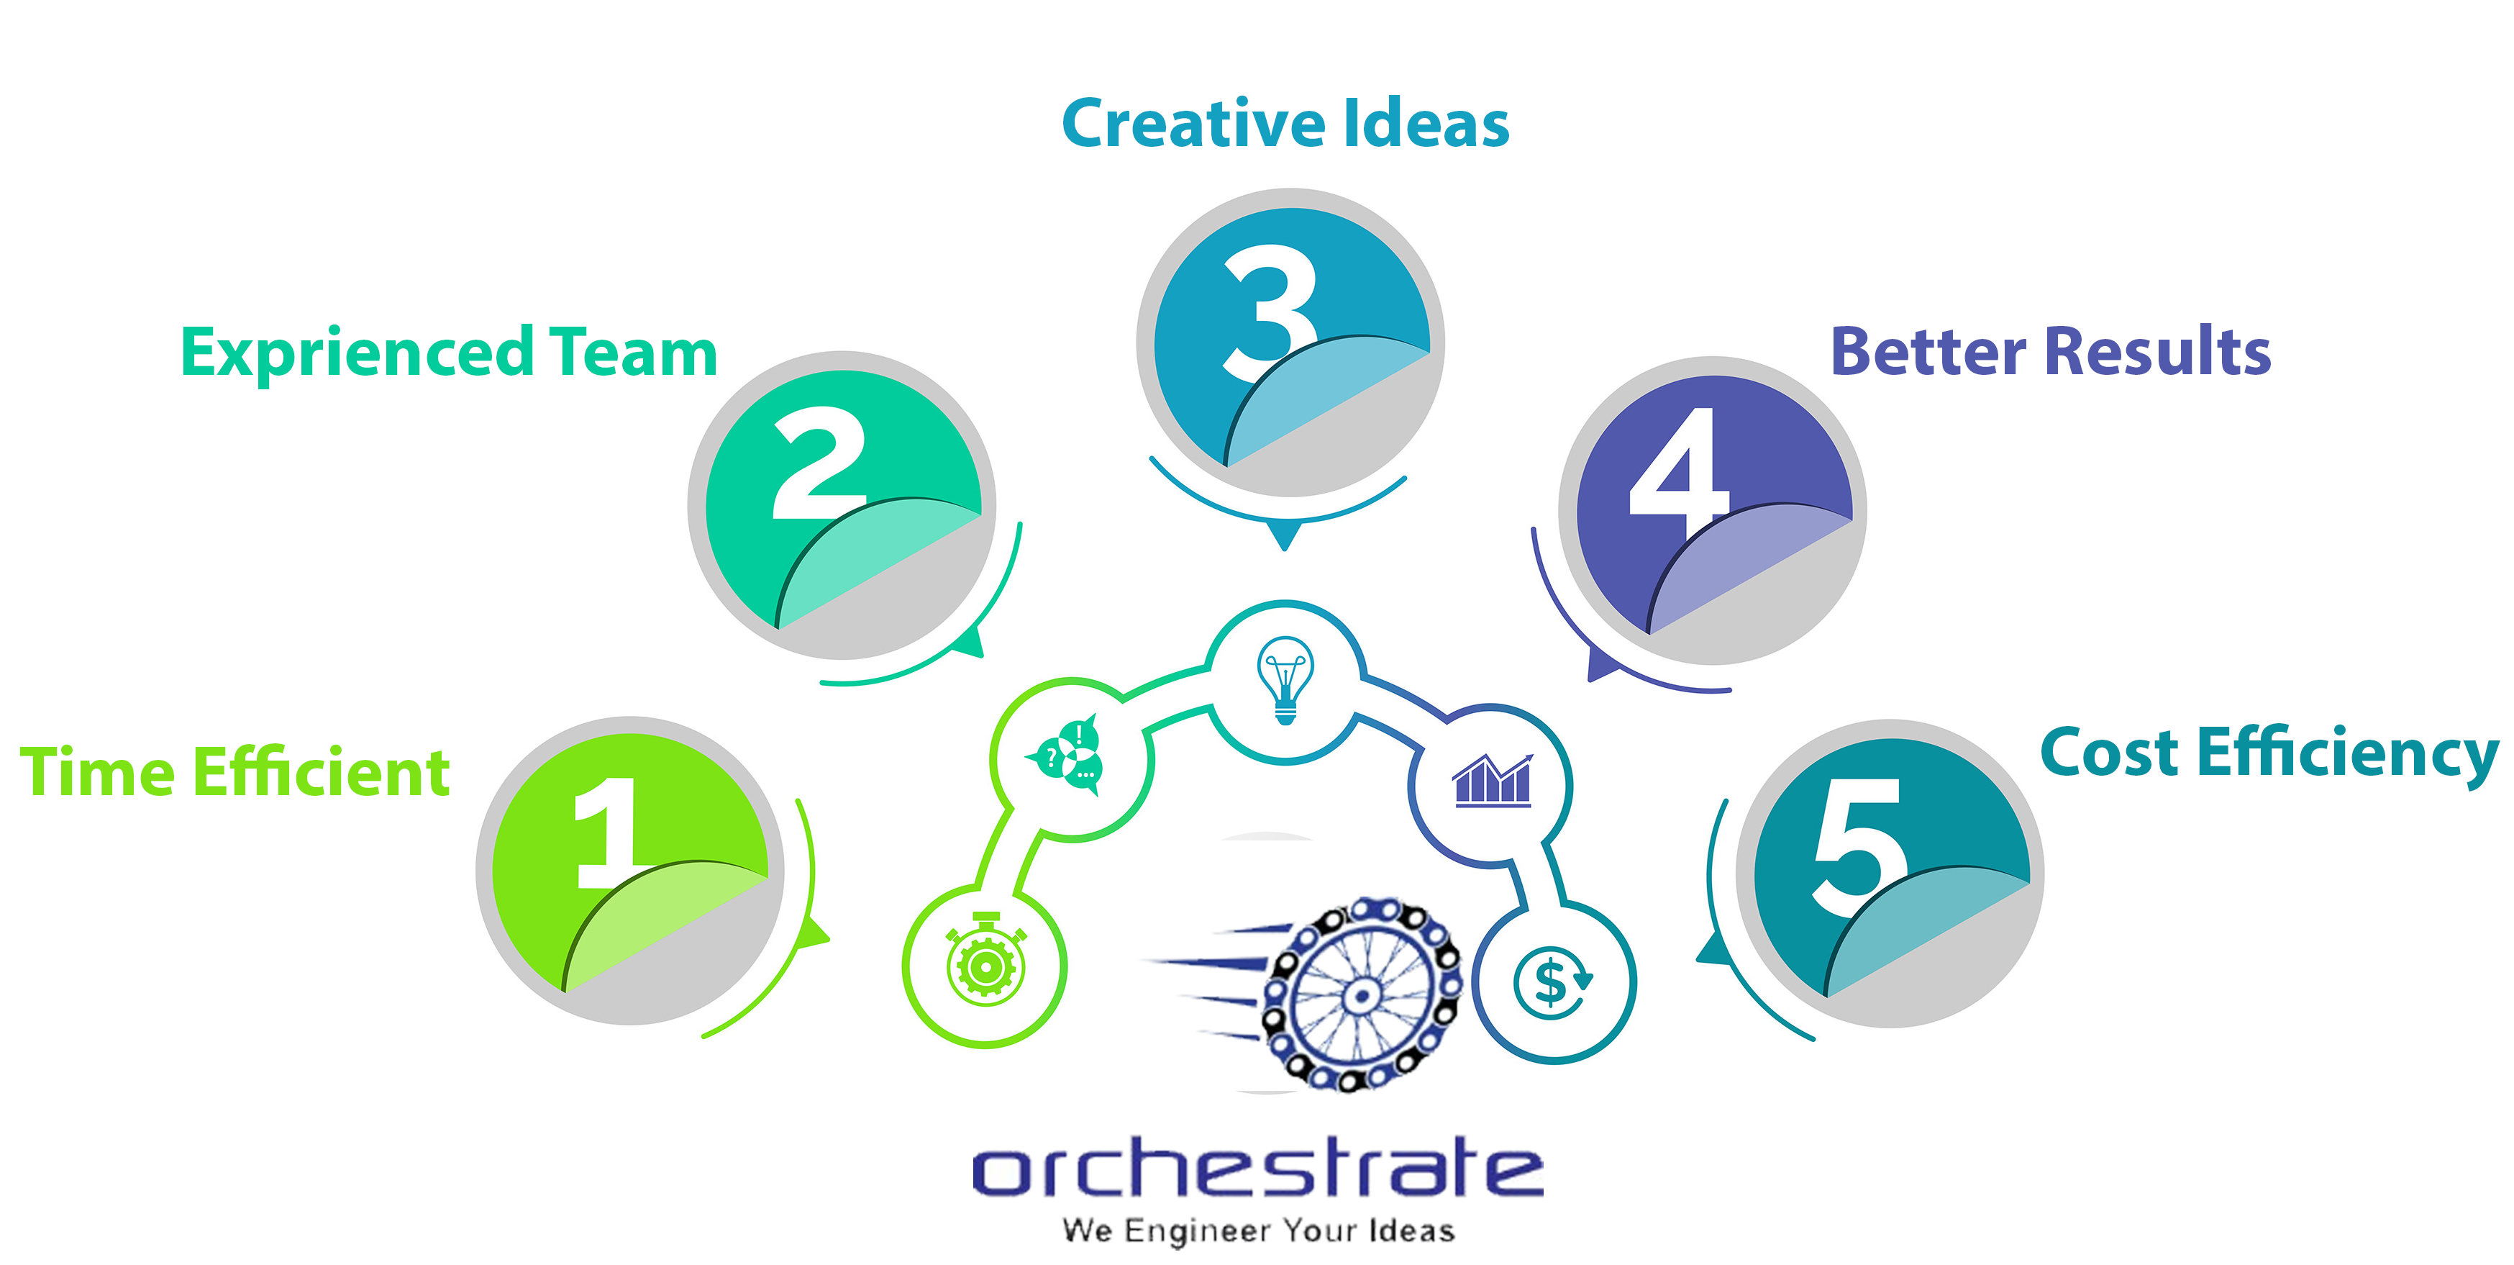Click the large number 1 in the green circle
pyautogui.click(x=610, y=833)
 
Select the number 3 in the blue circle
pyautogui.click(x=1270, y=312)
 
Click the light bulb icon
pyautogui.click(x=1285, y=679)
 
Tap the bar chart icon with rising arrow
pyautogui.click(x=1492, y=780)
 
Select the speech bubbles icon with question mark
pyautogui.click(x=1066, y=755)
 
